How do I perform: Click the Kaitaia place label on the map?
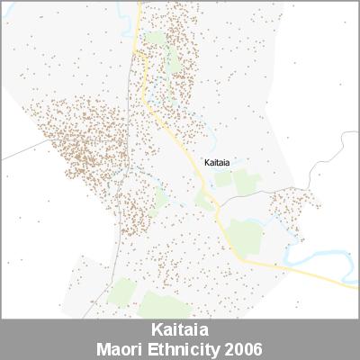[x=217, y=163]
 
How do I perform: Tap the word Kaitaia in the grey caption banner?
[x=180, y=330]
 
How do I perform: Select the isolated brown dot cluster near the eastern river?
[x=292, y=207]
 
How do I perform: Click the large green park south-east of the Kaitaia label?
[x=245, y=236]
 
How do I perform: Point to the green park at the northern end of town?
[x=157, y=40]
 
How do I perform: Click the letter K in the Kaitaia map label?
[x=207, y=163]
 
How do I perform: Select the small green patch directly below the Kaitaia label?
[x=222, y=180]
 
